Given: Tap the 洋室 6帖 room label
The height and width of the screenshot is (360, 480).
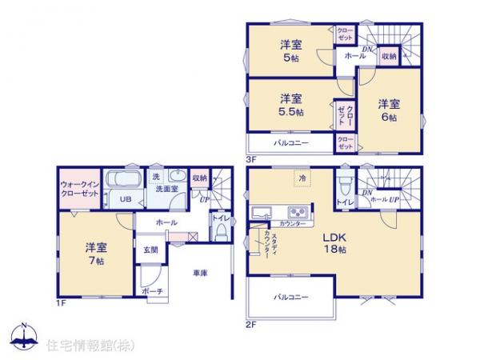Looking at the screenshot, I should (x=389, y=110).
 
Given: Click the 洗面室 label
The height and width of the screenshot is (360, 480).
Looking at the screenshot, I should (x=166, y=189).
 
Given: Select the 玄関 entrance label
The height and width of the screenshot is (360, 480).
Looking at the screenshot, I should (x=151, y=249).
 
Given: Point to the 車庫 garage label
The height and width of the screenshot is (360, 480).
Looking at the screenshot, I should (x=200, y=274).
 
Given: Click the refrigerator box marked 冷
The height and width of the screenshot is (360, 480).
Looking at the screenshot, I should (x=302, y=178).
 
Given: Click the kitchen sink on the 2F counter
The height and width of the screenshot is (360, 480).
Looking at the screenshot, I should (x=262, y=211).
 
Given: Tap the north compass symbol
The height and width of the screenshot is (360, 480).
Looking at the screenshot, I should (x=23, y=337).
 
